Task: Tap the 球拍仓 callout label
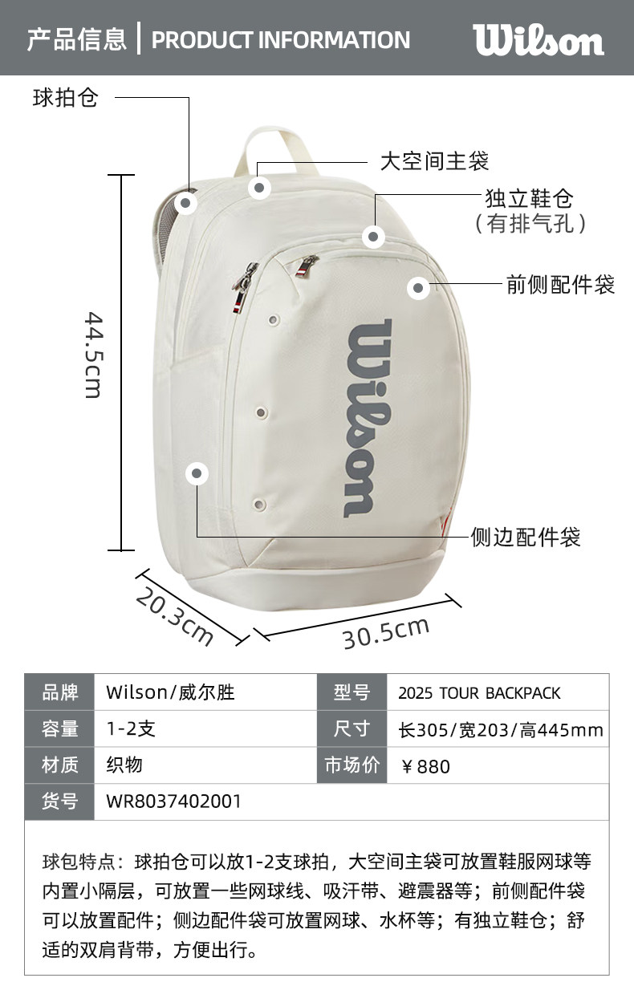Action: click(x=65, y=98)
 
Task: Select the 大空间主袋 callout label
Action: click(x=433, y=161)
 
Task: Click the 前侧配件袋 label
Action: click(x=560, y=284)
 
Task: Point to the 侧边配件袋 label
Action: click(x=526, y=537)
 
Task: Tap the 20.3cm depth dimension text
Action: click(x=174, y=617)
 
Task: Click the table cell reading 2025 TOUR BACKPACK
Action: click(x=479, y=693)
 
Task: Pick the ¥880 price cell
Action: click(x=425, y=766)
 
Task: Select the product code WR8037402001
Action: click(x=173, y=801)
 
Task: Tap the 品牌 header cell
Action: click(x=59, y=692)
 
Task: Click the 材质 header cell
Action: click(x=59, y=765)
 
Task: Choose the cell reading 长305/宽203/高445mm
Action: click(x=500, y=730)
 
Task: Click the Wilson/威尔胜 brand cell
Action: click(x=170, y=692)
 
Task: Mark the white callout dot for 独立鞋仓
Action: click(x=373, y=237)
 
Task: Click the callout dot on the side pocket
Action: click(x=197, y=473)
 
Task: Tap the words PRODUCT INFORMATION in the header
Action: click(x=281, y=39)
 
